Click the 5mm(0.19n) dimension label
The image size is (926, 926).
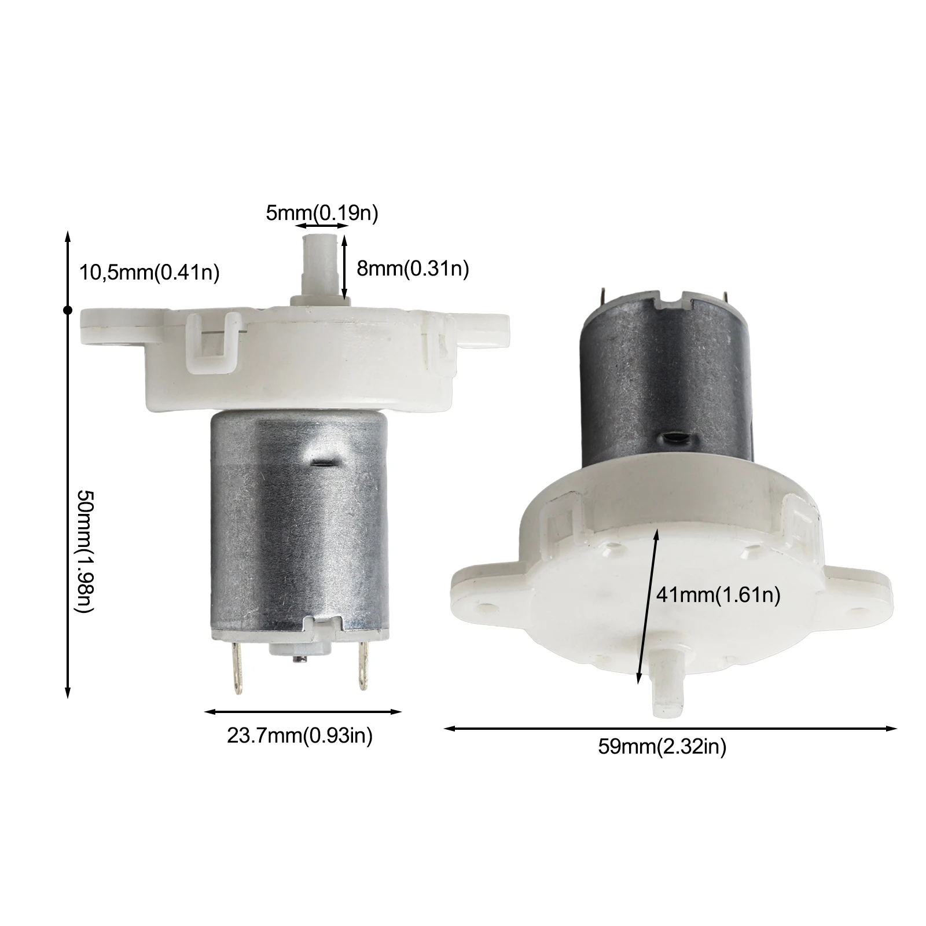(322, 213)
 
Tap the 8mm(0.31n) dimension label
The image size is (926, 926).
(412, 269)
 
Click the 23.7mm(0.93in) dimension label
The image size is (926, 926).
(299, 736)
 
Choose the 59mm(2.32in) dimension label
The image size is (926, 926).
(662, 747)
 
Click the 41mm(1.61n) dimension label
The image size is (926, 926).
(718, 594)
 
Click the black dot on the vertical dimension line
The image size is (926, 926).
(68, 311)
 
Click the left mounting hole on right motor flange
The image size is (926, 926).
(485, 608)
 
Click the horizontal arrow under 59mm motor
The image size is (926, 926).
(670, 729)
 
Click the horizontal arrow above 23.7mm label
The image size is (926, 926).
(303, 712)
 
